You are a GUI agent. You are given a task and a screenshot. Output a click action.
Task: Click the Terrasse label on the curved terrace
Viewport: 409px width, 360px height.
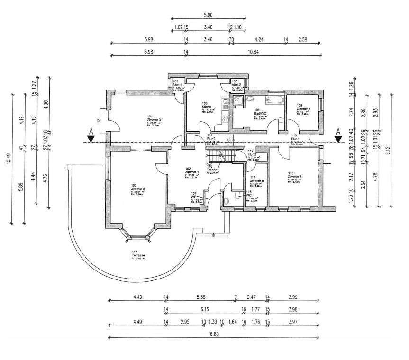coord(138,255)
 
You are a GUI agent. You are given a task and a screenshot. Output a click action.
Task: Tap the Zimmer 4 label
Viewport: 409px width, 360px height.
coord(303,108)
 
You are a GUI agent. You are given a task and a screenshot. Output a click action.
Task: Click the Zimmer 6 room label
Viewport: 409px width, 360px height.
coord(256,181)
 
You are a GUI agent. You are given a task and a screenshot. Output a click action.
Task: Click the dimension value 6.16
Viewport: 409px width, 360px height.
coord(204,310)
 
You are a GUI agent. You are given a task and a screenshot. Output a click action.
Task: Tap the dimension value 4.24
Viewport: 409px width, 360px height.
coord(259,39)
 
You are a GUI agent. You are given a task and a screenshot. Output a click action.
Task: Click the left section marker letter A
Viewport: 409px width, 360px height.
coord(90,131)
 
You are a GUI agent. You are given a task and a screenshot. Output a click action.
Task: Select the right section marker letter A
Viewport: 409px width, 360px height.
coord(338,131)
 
